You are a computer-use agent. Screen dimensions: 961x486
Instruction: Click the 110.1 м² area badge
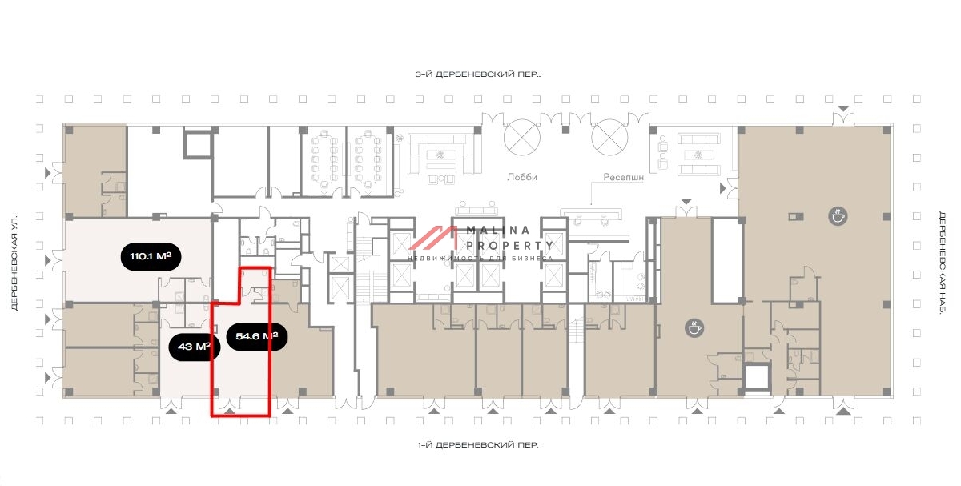[151, 256]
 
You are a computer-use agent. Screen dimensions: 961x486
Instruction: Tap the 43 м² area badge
[195, 347]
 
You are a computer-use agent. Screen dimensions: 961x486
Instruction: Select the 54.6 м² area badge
[256, 336]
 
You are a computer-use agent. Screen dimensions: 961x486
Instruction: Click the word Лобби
[521, 177]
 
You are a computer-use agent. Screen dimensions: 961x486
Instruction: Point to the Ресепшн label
[623, 177]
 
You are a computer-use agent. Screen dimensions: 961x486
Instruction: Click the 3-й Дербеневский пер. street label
[478, 74]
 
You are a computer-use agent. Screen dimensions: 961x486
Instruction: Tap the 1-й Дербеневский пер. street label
[478, 445]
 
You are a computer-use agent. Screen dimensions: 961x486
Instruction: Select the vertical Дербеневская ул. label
[14, 262]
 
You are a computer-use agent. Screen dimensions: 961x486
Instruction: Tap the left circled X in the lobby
[522, 137]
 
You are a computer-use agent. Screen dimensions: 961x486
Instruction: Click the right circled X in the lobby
[609, 137]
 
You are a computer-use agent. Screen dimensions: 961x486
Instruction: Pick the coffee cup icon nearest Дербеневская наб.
[838, 216]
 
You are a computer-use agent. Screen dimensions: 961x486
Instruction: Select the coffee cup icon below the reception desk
[694, 328]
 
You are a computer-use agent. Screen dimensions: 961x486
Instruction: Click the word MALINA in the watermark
[498, 231]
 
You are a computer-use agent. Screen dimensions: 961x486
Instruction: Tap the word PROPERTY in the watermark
[509, 246]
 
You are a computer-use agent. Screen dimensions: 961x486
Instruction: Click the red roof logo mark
[432, 238]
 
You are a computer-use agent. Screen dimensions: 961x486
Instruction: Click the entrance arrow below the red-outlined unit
[230, 412]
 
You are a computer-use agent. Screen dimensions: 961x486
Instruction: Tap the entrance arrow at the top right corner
[843, 109]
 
